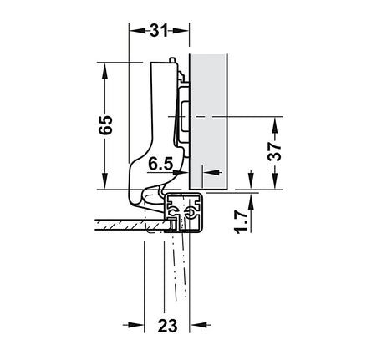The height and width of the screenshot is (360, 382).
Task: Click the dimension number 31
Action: pos(159,30)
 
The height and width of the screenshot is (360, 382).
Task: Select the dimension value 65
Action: pos(106,124)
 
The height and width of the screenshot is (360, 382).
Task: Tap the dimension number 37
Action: pos(274,151)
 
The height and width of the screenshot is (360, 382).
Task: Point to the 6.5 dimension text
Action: pos(160,164)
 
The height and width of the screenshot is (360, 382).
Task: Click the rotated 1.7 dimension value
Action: pos(241,222)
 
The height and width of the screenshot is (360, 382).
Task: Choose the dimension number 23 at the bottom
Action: pos(167,326)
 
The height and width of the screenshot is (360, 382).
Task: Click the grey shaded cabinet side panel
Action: pos(208,121)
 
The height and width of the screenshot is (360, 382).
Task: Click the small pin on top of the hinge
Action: pos(172,60)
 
